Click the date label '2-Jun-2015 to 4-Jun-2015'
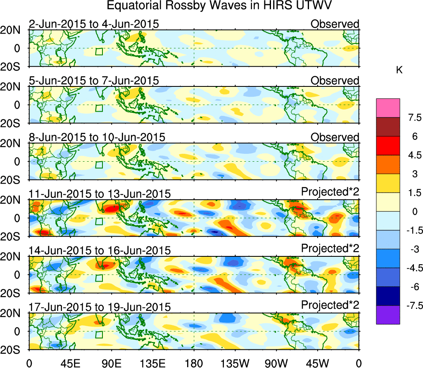point(94,24)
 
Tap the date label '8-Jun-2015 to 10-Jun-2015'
point(97,137)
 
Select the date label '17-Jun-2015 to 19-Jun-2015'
point(100,307)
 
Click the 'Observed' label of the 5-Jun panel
point(335,81)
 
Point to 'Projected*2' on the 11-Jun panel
point(330,192)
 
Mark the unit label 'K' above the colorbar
point(399,71)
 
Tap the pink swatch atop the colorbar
point(388,108)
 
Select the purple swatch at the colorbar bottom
point(388,315)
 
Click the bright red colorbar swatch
point(388,146)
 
